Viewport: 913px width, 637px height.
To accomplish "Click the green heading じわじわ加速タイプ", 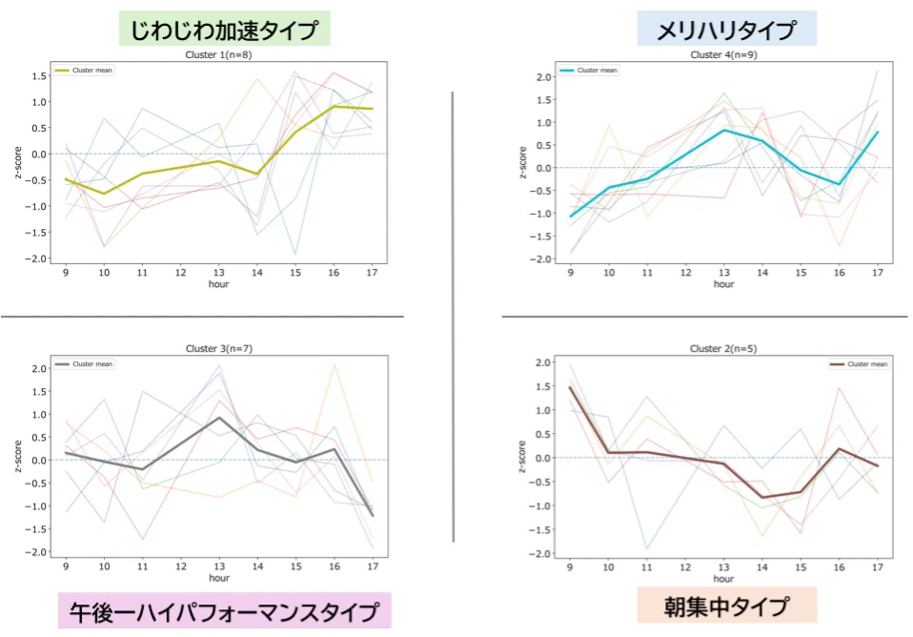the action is pos(224,30).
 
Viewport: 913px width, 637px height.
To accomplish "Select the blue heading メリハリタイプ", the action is pos(726,30).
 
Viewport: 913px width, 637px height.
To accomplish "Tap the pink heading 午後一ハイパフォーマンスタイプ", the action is pos(224,611).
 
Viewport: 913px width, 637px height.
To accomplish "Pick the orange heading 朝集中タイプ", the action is pos(726,606).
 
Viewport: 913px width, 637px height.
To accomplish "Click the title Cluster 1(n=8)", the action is pos(218,54).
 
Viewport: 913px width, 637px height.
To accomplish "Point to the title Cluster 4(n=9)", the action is pos(723,54).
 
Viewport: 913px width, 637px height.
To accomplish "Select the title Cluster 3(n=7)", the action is pos(219,348).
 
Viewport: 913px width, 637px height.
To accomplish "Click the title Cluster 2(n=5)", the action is pos(723,348).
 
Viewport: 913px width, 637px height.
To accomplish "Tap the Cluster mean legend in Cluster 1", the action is pos(84,70).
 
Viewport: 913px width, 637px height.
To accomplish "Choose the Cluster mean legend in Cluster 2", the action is pos(859,364).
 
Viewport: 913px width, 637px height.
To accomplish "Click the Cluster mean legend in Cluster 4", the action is pos(589,70).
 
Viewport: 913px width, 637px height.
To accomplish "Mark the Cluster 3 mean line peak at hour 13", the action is pos(219,418).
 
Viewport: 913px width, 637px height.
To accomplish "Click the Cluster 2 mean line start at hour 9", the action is pos(570,387).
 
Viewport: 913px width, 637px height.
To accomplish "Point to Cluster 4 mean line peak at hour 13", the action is pos(723,130).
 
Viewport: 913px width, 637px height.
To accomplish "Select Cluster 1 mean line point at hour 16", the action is pos(334,107).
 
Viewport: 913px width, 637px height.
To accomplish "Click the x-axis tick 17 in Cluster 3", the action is pos(373,566).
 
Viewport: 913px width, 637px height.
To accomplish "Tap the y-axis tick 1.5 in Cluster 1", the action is pos(40,75).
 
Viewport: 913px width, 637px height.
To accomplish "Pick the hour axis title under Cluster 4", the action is pos(723,284).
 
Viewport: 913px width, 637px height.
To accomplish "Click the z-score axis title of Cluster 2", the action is pos(521,457).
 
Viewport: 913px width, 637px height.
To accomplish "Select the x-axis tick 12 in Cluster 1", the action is pos(181,273).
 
